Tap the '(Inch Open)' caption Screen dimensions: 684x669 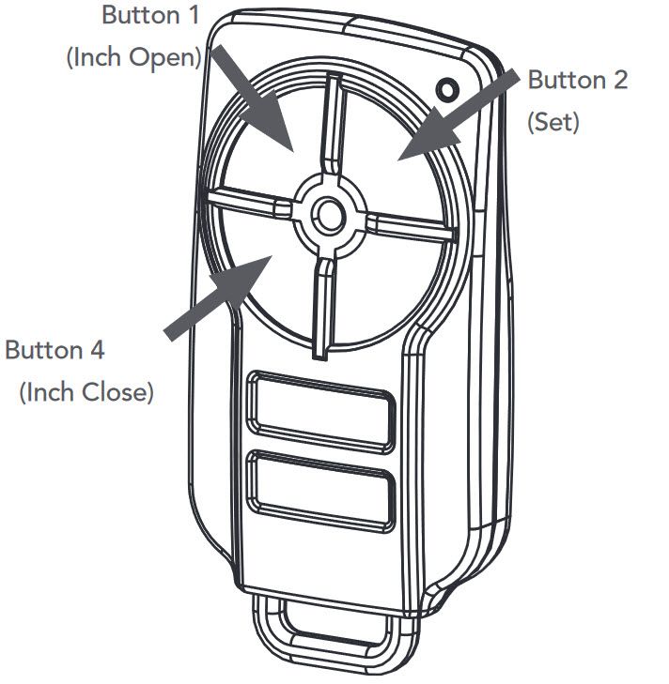point(133,56)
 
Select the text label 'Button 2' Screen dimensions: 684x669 point(577,80)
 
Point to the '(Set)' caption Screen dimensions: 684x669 point(553,121)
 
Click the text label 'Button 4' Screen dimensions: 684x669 point(54,350)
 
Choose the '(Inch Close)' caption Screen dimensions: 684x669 point(86,391)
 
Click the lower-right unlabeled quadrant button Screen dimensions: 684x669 point(395,281)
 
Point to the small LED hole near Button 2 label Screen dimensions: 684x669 point(448,91)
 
